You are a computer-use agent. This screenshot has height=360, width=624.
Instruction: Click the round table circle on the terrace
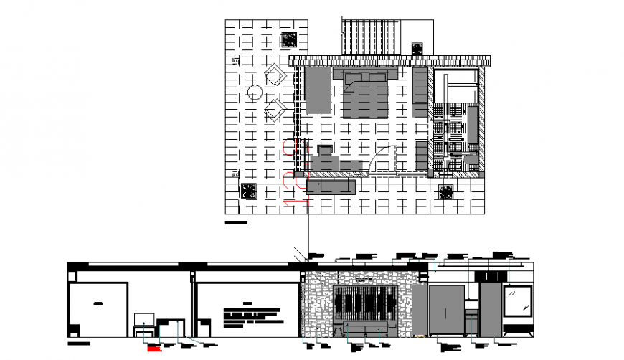255,92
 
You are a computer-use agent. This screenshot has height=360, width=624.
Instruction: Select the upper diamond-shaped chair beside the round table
275,75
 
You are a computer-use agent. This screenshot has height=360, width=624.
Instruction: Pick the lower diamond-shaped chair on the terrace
275,110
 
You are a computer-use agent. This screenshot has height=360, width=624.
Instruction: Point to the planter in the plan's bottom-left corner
248,191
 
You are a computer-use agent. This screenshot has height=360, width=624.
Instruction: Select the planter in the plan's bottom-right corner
445,191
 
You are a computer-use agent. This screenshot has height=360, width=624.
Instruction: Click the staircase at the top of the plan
371,37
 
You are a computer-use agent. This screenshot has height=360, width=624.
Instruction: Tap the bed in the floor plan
366,95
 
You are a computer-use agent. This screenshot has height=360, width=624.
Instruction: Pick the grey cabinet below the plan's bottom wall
331,186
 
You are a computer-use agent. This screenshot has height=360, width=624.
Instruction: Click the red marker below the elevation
152,349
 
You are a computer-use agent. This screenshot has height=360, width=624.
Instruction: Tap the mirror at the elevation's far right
516,301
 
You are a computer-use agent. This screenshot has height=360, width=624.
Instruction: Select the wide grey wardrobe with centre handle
447,310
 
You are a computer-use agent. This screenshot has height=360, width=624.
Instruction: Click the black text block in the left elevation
251,316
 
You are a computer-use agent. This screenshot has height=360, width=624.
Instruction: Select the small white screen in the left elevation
145,318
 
